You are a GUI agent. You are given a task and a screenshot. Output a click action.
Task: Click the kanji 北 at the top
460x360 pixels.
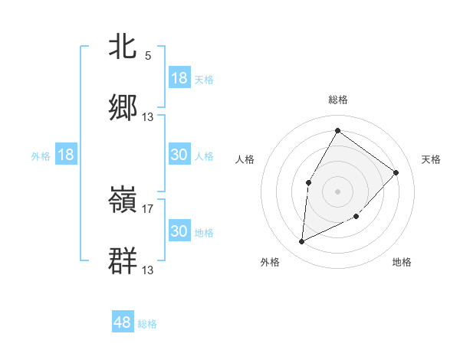click(123, 46)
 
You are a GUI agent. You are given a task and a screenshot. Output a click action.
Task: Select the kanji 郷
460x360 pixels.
click(123, 107)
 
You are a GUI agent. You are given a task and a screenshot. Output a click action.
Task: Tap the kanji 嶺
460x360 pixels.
click(123, 200)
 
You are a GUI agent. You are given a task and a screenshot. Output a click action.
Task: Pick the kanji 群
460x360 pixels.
click(123, 260)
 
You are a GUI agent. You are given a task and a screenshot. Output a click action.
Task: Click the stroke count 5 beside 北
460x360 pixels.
click(148, 55)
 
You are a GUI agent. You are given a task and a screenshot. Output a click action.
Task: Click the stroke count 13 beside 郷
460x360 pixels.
click(148, 116)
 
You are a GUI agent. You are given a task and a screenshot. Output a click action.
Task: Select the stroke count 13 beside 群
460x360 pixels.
click(148, 270)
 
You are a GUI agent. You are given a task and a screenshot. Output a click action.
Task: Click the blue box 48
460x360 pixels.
click(123, 323)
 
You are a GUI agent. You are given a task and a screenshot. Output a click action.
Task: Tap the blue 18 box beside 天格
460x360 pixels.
click(179, 78)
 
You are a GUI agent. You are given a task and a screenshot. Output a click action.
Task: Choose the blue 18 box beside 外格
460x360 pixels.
click(66, 155)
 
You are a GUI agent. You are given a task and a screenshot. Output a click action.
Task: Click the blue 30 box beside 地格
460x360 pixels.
click(179, 231)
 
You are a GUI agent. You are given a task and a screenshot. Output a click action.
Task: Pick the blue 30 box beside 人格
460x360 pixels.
click(179, 155)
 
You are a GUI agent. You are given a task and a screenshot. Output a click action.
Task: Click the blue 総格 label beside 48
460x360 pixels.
click(147, 324)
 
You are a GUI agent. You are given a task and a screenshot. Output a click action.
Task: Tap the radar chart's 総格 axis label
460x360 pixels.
click(338, 100)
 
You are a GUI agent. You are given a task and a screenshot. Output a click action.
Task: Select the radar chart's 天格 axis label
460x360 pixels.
click(431, 159)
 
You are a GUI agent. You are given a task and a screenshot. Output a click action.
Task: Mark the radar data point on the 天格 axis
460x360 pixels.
click(396, 172)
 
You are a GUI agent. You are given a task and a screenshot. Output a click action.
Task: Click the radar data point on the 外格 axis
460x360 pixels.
click(301, 242)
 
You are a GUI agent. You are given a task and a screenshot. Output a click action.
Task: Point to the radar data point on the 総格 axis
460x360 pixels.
click(337, 131)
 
